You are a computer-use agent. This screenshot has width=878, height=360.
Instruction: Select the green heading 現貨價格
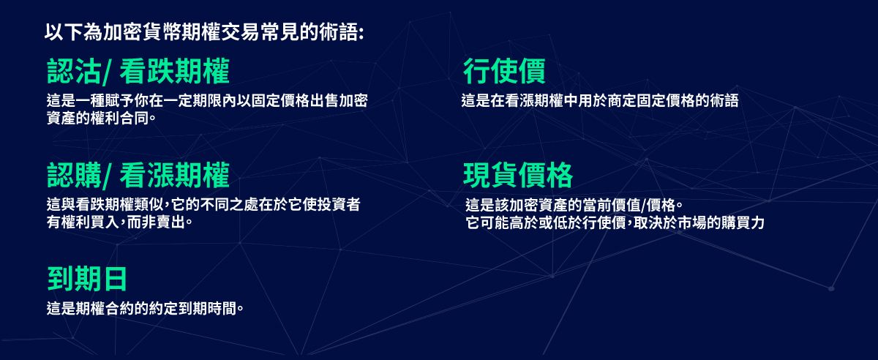click(x=518, y=176)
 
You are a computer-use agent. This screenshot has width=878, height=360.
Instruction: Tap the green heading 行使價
click(x=504, y=72)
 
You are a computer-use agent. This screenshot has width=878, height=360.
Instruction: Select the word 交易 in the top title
click(x=246, y=33)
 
